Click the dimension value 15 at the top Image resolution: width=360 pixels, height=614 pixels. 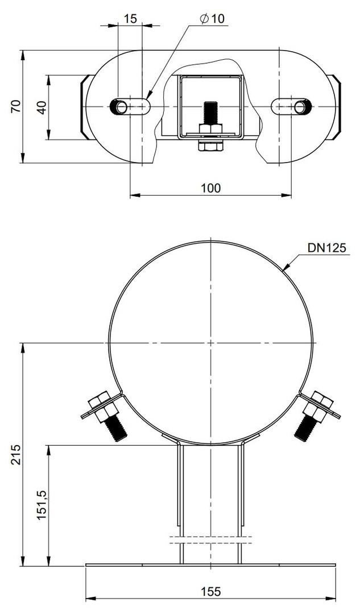pos(130,18)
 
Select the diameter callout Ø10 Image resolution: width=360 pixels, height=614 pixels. pos(212,18)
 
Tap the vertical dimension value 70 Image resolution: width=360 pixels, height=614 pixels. pos(16,106)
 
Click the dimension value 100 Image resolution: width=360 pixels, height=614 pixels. pos(211,188)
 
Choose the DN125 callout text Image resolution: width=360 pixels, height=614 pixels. pos(327,247)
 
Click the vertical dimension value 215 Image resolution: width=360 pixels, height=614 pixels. pos(16,454)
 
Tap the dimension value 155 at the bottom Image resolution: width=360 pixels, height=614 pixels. pos(211,591)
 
